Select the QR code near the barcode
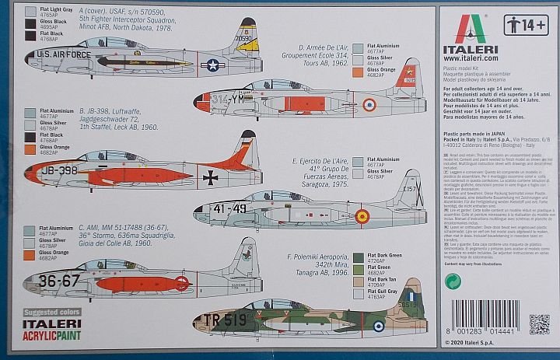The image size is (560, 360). [x=539, y=323]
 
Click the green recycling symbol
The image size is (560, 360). [x=451, y=280]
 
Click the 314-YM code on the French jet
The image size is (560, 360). [x=230, y=98]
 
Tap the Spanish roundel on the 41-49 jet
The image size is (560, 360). [x=362, y=215]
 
